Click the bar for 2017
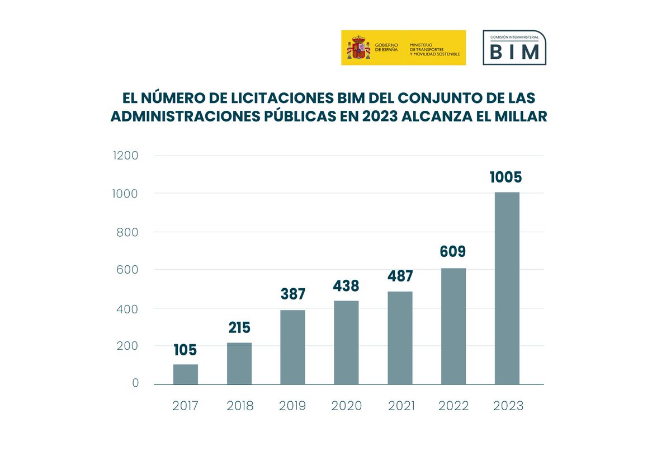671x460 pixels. [185, 374]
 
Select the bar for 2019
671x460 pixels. [292, 347]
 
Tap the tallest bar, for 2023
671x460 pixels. [507, 288]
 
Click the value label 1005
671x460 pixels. [505, 177]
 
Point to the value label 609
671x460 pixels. [452, 252]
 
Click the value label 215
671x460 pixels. [239, 328]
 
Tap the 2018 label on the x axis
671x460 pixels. [239, 406]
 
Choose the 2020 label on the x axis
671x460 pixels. [346, 406]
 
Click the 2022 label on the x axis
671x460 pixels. [453, 406]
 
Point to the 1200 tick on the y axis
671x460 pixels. [126, 156]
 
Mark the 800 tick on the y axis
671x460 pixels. [127, 232]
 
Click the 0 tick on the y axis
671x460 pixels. [135, 383]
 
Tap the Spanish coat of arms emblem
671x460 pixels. [358, 48]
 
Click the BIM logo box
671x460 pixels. [514, 48]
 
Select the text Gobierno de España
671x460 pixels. [386, 48]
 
